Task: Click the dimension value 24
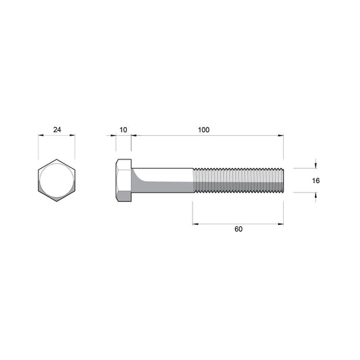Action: point(57,130)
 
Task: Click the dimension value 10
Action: point(124,130)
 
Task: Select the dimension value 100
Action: point(204,130)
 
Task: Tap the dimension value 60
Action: point(238,229)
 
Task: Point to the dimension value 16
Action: point(315,181)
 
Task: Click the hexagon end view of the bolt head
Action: point(57,180)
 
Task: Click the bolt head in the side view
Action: point(124,180)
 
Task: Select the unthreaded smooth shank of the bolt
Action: point(162,180)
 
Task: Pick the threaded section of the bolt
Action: point(238,180)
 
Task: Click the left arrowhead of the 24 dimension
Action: point(41,135)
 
